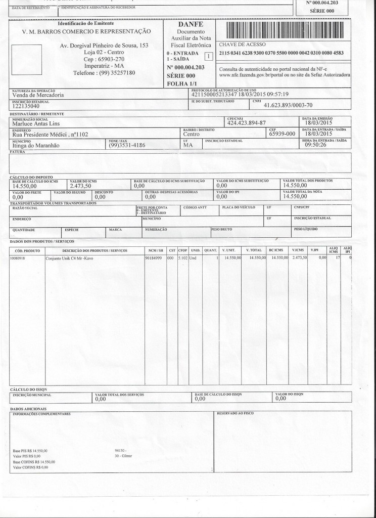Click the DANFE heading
point(191,24)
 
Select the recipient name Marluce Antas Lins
point(38,122)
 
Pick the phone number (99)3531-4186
point(127,145)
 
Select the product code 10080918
point(18,258)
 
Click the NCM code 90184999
point(153,258)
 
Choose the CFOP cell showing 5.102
point(182,258)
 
